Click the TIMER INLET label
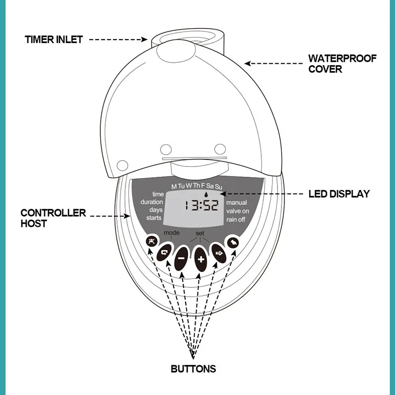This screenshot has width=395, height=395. click(x=54, y=39)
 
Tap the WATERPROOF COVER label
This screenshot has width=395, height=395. click(x=342, y=64)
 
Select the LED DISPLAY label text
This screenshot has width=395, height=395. click(x=339, y=194)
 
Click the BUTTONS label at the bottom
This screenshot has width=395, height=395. click(x=193, y=368)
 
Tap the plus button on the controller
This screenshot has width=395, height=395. click(x=200, y=259)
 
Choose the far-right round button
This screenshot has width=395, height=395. click(x=232, y=242)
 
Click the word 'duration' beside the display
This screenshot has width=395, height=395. click(x=152, y=202)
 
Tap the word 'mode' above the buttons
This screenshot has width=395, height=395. click(x=172, y=232)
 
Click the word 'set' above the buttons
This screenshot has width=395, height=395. click(x=200, y=232)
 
